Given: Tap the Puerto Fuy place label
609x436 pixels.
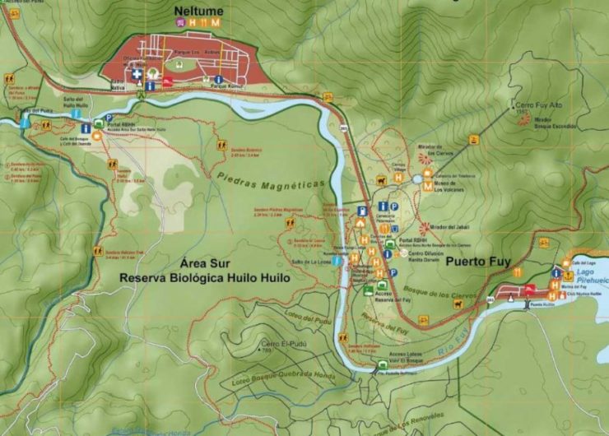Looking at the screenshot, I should (x=479, y=264).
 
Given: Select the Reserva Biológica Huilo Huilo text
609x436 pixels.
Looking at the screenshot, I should (x=205, y=278).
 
